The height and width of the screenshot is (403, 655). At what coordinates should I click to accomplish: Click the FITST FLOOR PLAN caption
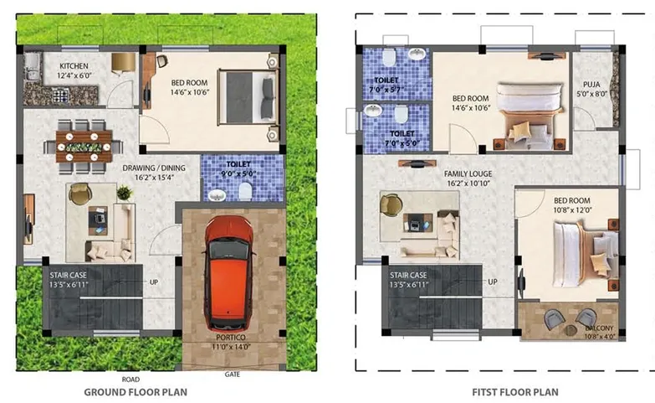(503, 391)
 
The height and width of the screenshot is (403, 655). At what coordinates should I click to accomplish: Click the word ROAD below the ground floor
(130, 380)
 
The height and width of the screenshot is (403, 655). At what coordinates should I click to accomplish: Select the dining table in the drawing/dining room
(84, 143)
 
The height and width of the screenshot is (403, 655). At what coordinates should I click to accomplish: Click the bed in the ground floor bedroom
(248, 93)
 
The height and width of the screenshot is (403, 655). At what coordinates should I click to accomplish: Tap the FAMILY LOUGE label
(468, 173)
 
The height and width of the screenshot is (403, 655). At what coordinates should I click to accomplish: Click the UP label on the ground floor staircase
(154, 282)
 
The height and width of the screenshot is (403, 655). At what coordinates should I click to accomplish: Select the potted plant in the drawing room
(125, 192)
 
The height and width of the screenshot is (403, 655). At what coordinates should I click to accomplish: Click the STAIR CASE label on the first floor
(408, 275)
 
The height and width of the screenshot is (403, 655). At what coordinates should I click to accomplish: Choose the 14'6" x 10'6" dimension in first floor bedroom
(470, 108)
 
